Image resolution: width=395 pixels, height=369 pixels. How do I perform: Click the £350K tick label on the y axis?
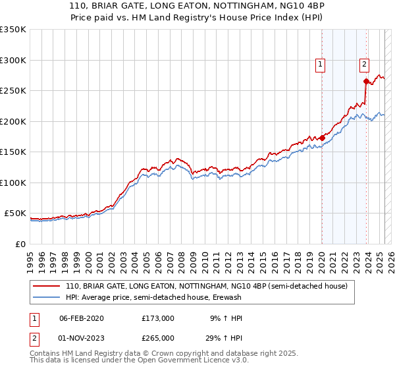[x=13, y=30]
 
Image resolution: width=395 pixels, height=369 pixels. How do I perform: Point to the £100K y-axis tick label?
[x=13, y=183]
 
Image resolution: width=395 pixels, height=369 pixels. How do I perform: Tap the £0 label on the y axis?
[x=20, y=244]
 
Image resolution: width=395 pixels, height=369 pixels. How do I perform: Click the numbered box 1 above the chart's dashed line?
[x=320, y=65]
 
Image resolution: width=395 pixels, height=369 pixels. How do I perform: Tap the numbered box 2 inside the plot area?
[x=364, y=65]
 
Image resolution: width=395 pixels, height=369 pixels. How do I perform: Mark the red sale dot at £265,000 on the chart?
[x=366, y=82]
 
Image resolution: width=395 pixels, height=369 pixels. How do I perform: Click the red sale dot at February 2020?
[x=322, y=138]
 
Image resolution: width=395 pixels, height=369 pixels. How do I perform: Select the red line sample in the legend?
[x=46, y=286]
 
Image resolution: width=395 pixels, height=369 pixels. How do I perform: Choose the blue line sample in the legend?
[x=46, y=297]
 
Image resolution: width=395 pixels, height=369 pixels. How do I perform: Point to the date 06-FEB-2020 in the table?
[x=81, y=318]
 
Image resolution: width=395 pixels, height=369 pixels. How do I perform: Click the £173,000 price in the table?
[x=157, y=318]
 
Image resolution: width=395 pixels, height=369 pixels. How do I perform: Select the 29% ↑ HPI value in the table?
[x=224, y=337]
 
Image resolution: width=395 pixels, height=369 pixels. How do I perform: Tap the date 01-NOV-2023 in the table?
[x=82, y=337]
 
